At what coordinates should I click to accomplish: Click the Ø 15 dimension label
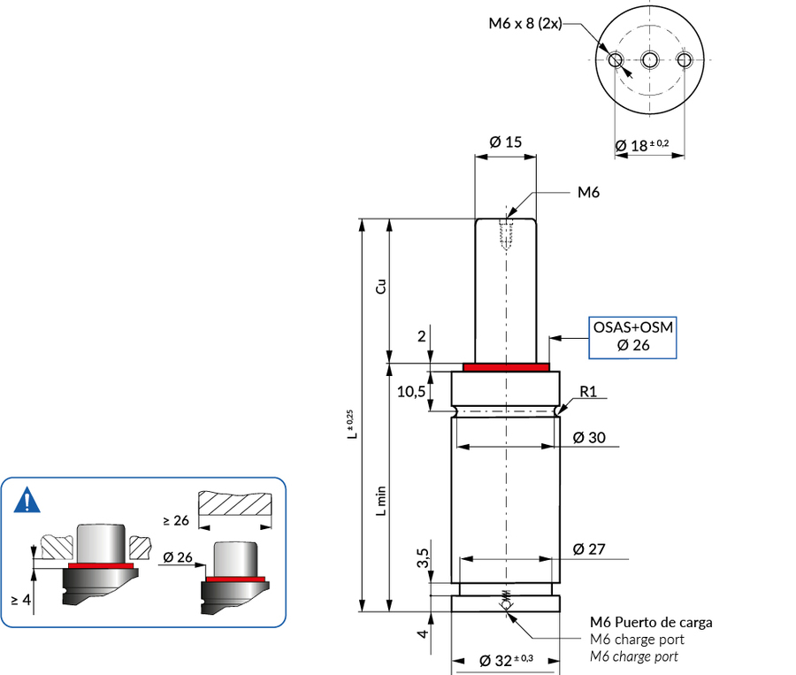[x=505, y=142]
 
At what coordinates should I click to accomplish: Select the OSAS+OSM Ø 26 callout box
[x=633, y=337]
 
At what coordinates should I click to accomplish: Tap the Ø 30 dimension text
[x=590, y=437]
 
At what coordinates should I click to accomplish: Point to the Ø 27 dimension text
[x=590, y=549]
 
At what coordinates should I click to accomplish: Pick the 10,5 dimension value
[x=411, y=392]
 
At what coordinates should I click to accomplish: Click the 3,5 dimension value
[x=422, y=559]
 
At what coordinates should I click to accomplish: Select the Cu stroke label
[x=380, y=288]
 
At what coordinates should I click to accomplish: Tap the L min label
[x=380, y=500]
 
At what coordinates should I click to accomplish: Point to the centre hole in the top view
[x=650, y=60]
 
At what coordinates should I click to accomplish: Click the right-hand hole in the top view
[x=684, y=60]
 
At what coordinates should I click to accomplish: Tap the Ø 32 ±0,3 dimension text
[x=507, y=660]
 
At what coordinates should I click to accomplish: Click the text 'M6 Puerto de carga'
[x=650, y=623]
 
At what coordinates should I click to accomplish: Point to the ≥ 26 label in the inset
[x=177, y=520]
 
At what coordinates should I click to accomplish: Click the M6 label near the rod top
[x=589, y=192]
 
